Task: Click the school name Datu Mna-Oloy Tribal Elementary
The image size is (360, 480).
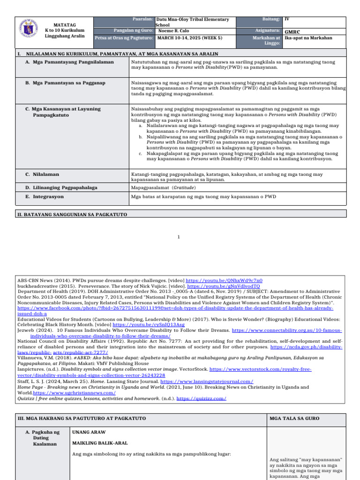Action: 193,20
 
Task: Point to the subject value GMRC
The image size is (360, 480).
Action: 292,32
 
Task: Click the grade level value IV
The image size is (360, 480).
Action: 287,20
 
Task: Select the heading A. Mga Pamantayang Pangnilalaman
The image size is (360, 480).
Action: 69,62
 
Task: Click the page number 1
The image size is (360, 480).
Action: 179,237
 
